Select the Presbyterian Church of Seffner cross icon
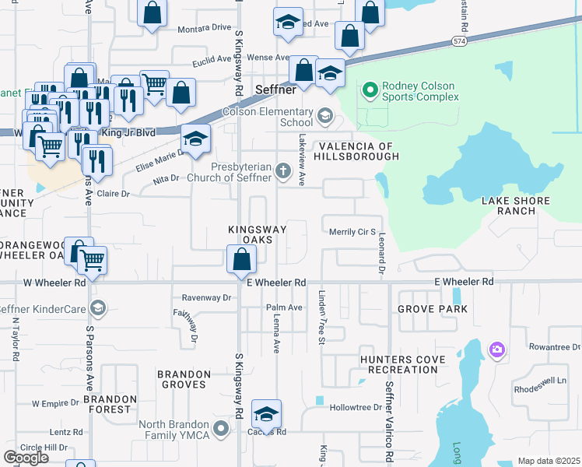[x=282, y=170]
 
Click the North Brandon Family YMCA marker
[x=222, y=429]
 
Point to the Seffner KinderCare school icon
[x=96, y=309]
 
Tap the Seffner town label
[x=275, y=90]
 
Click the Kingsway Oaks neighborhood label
[x=256, y=234]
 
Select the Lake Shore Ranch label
[x=516, y=206]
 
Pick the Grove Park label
[x=433, y=309]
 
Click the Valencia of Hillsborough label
[x=356, y=151]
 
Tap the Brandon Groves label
[x=184, y=379]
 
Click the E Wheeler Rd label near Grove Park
[x=464, y=281]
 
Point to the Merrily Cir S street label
[x=352, y=232]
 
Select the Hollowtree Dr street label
[x=356, y=407]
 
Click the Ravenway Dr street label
[x=207, y=297]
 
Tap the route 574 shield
[x=461, y=41]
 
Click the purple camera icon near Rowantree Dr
[x=496, y=351]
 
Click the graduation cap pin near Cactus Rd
[x=266, y=414]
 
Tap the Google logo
[x=26, y=458]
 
